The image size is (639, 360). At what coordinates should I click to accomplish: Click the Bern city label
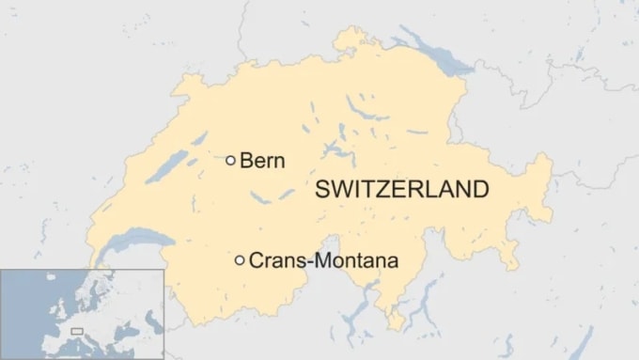click(x=262, y=160)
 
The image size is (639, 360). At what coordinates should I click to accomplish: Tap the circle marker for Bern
click(x=230, y=161)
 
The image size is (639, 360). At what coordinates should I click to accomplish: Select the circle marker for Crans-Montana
click(x=240, y=260)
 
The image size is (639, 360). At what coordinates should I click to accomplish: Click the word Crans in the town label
click(x=275, y=260)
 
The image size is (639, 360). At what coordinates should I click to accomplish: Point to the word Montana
click(x=355, y=260)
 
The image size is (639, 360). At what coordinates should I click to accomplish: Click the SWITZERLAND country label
click(x=402, y=189)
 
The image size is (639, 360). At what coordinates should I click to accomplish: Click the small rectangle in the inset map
click(x=77, y=331)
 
